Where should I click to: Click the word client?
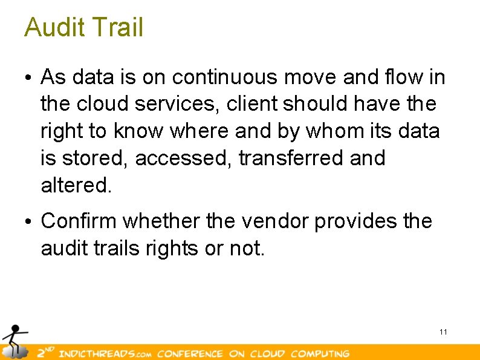pyautogui.click(x=252, y=104)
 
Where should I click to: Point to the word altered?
pyautogui.click(x=76, y=185)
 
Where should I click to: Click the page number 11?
pyautogui.click(x=443, y=332)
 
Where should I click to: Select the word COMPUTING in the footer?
pyautogui.click(x=320, y=353)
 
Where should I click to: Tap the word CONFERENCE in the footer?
pyautogui.click(x=190, y=353)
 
